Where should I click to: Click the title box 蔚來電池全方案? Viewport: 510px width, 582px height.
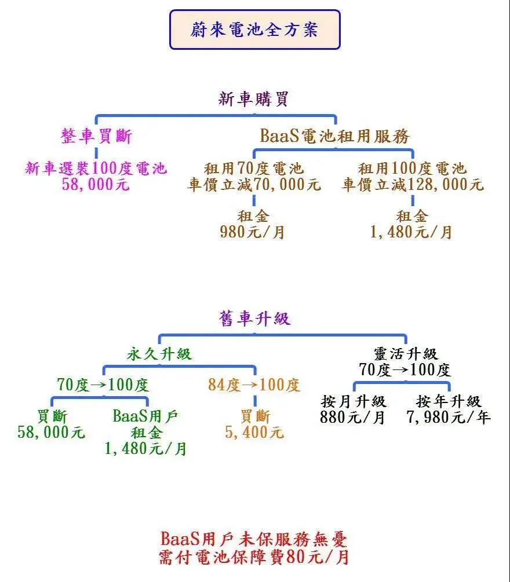pyautogui.click(x=255, y=30)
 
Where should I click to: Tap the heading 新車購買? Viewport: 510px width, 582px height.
pyautogui.click(x=253, y=99)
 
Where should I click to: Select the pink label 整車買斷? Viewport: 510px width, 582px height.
pyautogui.click(x=97, y=136)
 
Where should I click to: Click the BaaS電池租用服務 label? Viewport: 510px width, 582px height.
pyautogui.click(x=334, y=136)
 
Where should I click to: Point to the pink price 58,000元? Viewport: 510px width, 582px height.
pyautogui.click(x=96, y=185)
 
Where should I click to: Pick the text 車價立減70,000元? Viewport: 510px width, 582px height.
pyautogui.click(x=254, y=185)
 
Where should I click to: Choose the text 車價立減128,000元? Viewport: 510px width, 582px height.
pyautogui.click(x=413, y=185)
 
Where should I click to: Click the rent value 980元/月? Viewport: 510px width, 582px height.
pyautogui.click(x=253, y=232)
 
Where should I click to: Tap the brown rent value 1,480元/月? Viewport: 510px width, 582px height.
pyautogui.click(x=411, y=232)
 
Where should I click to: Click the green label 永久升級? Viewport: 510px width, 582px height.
pyautogui.click(x=159, y=354)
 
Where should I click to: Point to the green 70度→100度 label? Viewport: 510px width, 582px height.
pyautogui.click(x=103, y=385)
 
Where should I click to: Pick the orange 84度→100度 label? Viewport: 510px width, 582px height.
pyautogui.click(x=254, y=385)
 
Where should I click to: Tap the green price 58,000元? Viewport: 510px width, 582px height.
pyautogui.click(x=52, y=432)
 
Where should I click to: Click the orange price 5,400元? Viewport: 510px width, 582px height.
pyautogui.click(x=254, y=432)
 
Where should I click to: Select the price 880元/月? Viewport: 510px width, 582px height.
pyautogui.click(x=352, y=417)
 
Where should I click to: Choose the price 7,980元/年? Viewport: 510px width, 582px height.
pyautogui.click(x=449, y=417)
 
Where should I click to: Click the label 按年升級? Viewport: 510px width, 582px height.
pyautogui.click(x=449, y=401)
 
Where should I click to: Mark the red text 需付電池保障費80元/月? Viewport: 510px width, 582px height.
pyautogui.click(x=254, y=557)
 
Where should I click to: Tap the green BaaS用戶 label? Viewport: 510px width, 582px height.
pyautogui.click(x=145, y=416)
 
